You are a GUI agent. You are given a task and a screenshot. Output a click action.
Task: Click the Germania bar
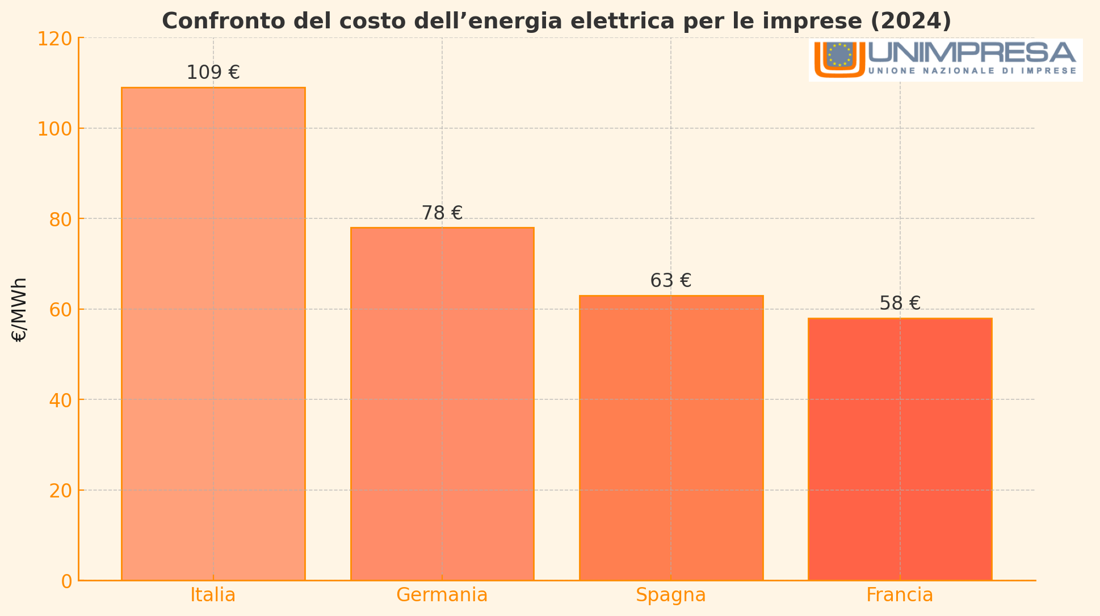(x=442, y=403)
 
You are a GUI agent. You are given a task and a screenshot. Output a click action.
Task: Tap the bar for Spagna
(x=671, y=437)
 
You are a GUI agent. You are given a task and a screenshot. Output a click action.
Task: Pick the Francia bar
(x=900, y=449)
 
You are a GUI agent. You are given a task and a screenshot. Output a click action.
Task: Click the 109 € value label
(x=213, y=73)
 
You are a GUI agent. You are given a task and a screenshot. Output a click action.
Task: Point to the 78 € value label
(x=442, y=213)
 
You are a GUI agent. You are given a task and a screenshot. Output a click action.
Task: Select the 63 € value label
(x=671, y=281)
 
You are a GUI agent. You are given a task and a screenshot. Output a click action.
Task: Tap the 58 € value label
(x=900, y=303)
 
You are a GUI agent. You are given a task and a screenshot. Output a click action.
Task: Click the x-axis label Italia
(x=213, y=595)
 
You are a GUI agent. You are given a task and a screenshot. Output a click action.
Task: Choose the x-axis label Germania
(x=442, y=595)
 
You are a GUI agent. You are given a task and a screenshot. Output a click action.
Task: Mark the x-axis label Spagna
(x=671, y=595)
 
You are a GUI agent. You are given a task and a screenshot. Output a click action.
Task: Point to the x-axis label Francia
(x=900, y=595)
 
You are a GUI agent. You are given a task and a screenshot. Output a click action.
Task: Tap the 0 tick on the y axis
(x=66, y=581)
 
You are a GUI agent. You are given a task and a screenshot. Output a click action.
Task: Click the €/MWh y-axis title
(x=19, y=310)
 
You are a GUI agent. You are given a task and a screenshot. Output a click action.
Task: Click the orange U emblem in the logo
(x=839, y=59)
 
